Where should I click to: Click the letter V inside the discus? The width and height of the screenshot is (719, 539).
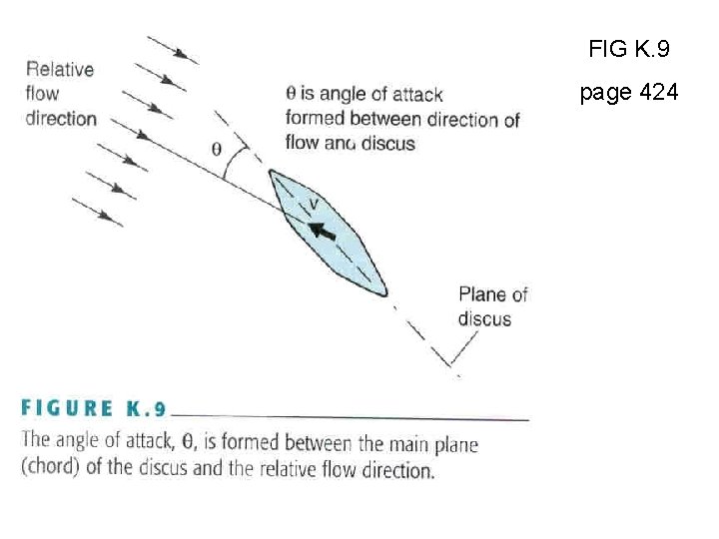(314, 205)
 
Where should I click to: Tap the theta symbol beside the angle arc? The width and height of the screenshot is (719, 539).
(217, 149)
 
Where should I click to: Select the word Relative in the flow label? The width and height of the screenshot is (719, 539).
(60, 69)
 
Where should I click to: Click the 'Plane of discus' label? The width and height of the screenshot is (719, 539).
(492, 306)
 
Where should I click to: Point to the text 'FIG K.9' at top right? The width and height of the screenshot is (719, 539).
(629, 47)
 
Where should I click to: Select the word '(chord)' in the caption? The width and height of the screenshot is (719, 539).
(50, 467)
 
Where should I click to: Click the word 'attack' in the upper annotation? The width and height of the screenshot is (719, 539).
(417, 95)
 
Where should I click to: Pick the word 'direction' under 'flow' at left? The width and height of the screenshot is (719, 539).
(61, 118)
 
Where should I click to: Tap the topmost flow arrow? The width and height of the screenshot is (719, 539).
(172, 50)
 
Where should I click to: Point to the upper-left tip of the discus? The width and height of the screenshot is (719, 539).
(271, 173)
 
